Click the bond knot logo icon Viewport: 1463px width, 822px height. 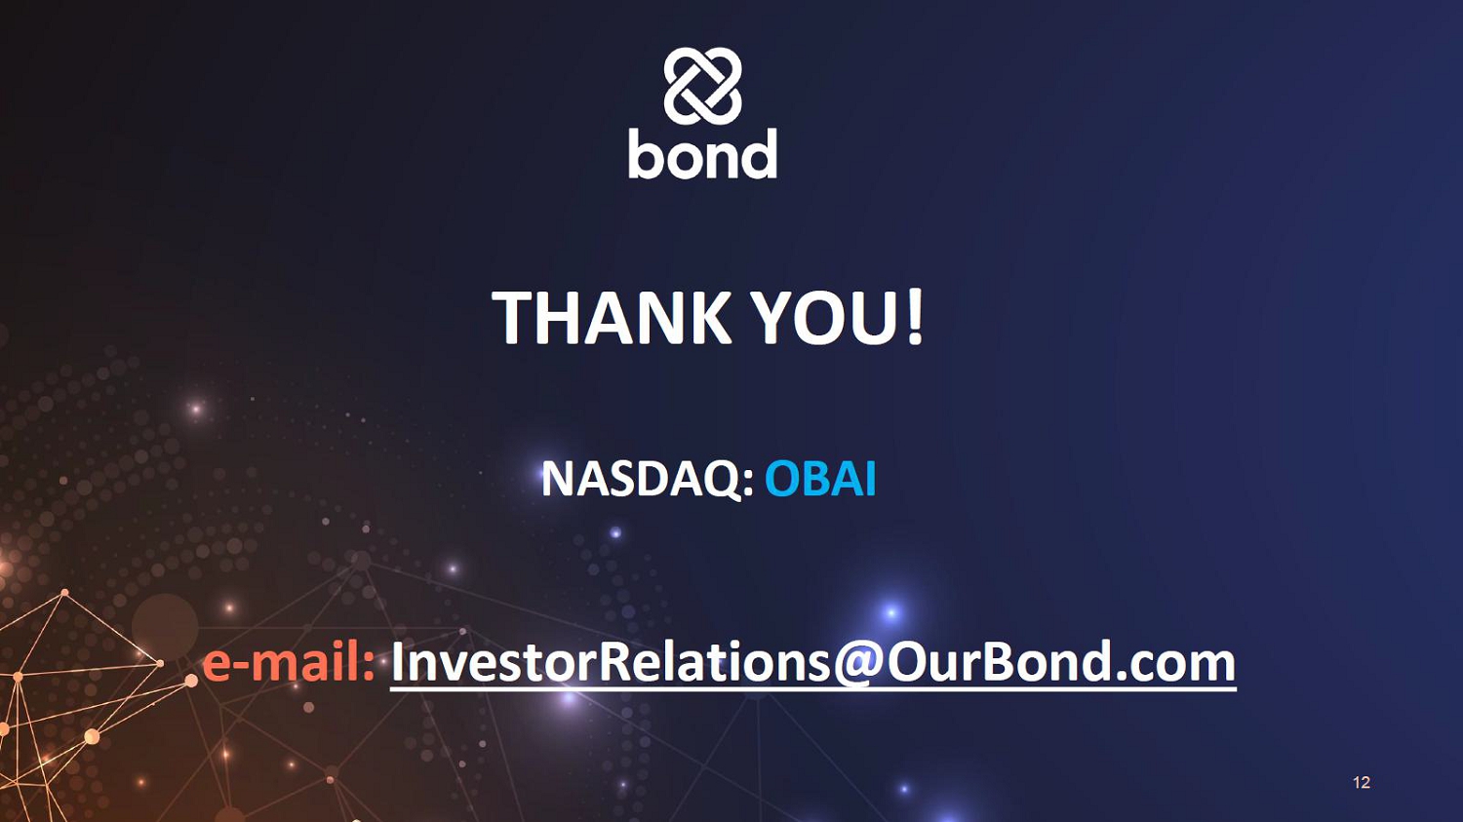point(702,86)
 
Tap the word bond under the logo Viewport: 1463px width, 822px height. point(703,154)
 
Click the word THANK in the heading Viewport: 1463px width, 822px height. point(612,317)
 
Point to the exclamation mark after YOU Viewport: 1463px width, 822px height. point(916,317)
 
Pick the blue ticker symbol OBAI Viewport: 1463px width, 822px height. point(820,479)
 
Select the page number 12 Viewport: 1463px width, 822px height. point(1362,782)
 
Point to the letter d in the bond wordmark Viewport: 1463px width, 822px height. point(758,153)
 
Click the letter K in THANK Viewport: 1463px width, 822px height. point(708,317)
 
